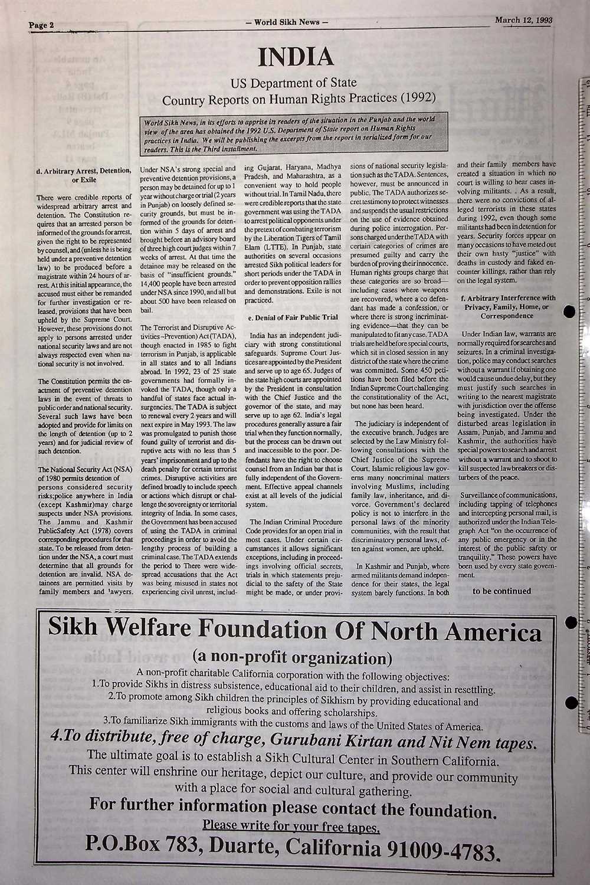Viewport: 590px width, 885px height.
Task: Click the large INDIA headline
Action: [296, 58]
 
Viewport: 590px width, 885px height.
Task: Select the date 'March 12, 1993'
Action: [523, 20]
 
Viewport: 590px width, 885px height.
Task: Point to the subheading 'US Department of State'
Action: [296, 83]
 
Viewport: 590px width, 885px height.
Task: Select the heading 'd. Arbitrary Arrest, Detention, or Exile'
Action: [84, 175]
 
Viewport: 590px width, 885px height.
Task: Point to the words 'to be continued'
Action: [501, 591]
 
